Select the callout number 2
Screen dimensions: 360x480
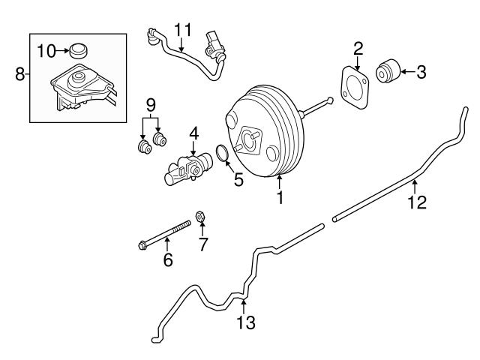[x=358, y=49]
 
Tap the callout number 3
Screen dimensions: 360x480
[x=421, y=72]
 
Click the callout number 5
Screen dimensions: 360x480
[x=238, y=180]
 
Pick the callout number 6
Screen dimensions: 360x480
[x=168, y=259]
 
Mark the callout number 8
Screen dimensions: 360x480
[x=20, y=73]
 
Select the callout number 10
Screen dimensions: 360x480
[x=46, y=51]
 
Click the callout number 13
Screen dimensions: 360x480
[x=245, y=323]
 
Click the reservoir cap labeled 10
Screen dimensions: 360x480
[x=78, y=52]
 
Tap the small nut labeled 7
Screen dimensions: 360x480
[x=201, y=218]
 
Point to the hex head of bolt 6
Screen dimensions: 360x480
[x=143, y=244]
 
